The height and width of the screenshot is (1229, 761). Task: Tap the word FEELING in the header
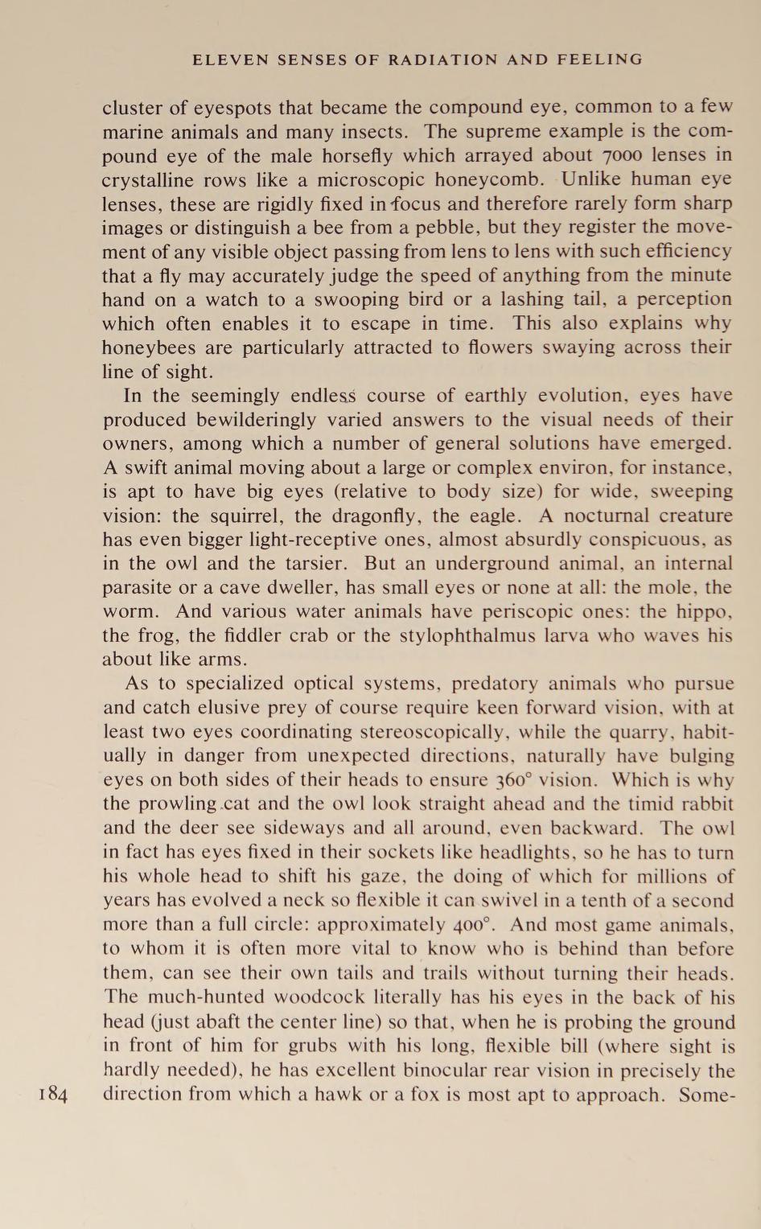coord(603,60)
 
